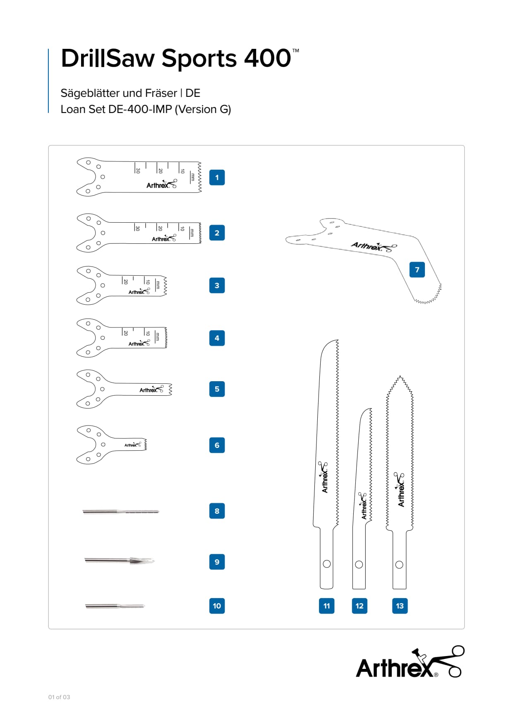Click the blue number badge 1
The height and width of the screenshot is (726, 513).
pyautogui.click(x=217, y=178)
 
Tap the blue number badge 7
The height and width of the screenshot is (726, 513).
pyautogui.click(x=417, y=269)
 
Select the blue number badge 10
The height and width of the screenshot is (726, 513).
pyautogui.click(x=217, y=606)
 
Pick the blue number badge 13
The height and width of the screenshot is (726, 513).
pyautogui.click(x=400, y=606)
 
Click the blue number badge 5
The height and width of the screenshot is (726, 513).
pyautogui.click(x=217, y=389)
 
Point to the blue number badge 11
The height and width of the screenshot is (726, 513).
pyautogui.click(x=326, y=606)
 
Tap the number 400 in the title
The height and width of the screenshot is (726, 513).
pyautogui.click(x=267, y=58)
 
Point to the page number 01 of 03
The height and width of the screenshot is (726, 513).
pyautogui.click(x=59, y=697)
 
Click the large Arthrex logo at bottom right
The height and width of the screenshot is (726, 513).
pyautogui.click(x=410, y=662)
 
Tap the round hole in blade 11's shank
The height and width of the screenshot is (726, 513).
pyautogui.click(x=327, y=564)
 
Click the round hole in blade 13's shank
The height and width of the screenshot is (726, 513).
pyautogui.click(x=399, y=565)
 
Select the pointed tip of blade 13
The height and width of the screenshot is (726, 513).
pyautogui.click(x=400, y=377)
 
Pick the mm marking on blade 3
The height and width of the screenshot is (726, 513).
pyautogui.click(x=158, y=285)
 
